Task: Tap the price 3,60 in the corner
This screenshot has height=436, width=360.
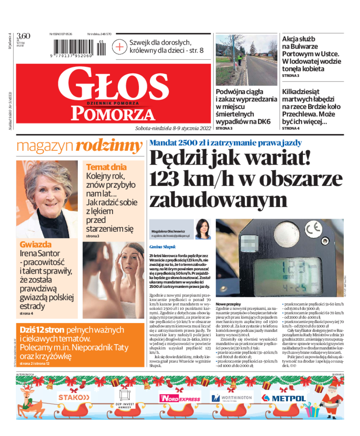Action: point(23,36)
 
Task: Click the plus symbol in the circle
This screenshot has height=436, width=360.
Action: point(119,47)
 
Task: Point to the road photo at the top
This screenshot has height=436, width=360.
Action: point(246,60)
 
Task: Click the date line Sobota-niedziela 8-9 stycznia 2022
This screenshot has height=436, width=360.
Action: point(173,128)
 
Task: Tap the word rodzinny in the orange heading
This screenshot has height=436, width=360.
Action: point(109,145)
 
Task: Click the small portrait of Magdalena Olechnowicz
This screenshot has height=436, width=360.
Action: point(203,229)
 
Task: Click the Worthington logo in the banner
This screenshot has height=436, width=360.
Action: point(232,398)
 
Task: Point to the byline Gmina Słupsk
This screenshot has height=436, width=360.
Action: point(162,247)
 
